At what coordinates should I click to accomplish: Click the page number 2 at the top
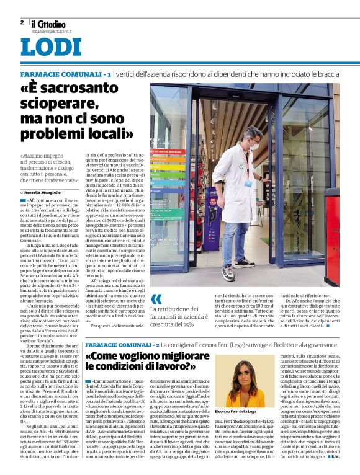tap(22, 22)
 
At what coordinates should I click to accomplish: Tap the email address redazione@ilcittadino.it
tap(52, 30)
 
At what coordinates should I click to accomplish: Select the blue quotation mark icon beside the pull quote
tap(156, 299)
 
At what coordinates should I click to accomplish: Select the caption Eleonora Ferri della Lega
tap(236, 412)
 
